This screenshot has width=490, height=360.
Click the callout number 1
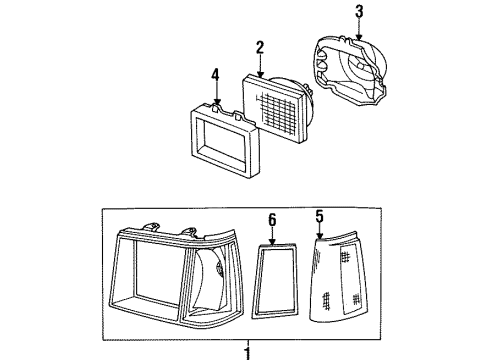pyautogui.click(x=248, y=351)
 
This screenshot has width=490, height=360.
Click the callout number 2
pyautogui.click(x=258, y=46)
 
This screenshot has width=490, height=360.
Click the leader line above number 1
pyautogui.click(x=248, y=337)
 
